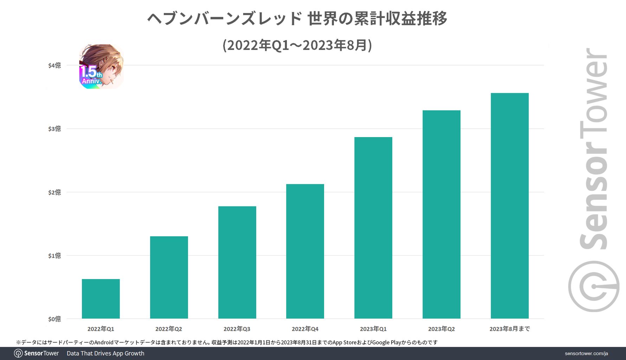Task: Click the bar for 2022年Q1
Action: pyautogui.click(x=101, y=299)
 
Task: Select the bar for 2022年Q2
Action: pyautogui.click(x=169, y=277)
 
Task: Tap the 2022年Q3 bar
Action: pyautogui.click(x=237, y=262)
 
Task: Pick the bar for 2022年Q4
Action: pyautogui.click(x=305, y=251)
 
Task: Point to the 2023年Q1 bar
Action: pyautogui.click(x=373, y=228)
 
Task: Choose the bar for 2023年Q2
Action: pyautogui.click(x=441, y=214)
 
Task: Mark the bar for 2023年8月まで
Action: pyautogui.click(x=510, y=206)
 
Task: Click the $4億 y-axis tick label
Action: pyautogui.click(x=54, y=65)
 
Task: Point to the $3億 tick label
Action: pyautogui.click(x=54, y=129)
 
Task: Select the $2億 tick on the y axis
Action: pyautogui.click(x=54, y=192)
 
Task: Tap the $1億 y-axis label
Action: pyautogui.click(x=54, y=256)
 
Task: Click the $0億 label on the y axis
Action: pyautogui.click(x=54, y=319)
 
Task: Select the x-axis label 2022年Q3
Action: pyautogui.click(x=237, y=329)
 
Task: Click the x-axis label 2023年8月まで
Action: pyautogui.click(x=510, y=329)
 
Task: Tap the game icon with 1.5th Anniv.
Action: pyautogui.click(x=101, y=66)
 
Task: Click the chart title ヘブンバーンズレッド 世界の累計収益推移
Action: pyautogui.click(x=297, y=19)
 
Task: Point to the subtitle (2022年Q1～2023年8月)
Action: pyautogui.click(x=297, y=45)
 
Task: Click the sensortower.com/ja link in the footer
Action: pyautogui.click(x=586, y=353)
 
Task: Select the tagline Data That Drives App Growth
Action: pyautogui.click(x=105, y=353)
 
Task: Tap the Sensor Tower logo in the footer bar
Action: pyautogui.click(x=37, y=353)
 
